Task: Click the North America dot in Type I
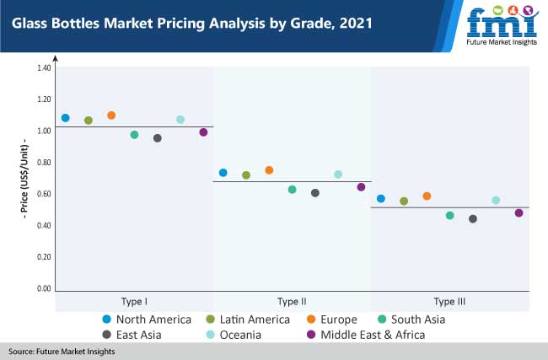pyautogui.click(x=66, y=118)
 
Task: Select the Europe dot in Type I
pyautogui.click(x=111, y=116)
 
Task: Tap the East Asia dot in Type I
pyautogui.click(x=158, y=138)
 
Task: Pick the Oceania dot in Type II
pyautogui.click(x=338, y=175)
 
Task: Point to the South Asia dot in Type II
pyautogui.click(x=293, y=190)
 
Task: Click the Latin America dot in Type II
pyautogui.click(x=246, y=175)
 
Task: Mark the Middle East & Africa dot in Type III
pyautogui.click(x=519, y=213)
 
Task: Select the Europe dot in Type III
pyautogui.click(x=427, y=196)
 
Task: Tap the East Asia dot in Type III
pyautogui.click(x=473, y=219)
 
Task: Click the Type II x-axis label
pyautogui.click(x=292, y=301)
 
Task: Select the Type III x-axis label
pyautogui.click(x=449, y=301)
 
